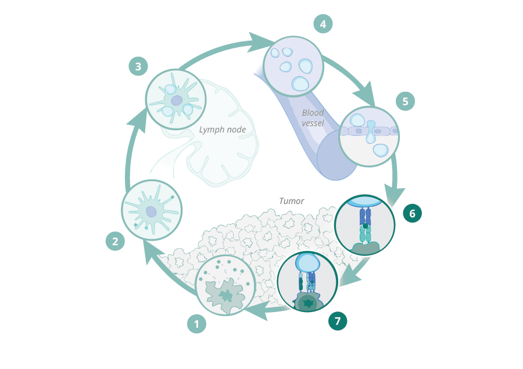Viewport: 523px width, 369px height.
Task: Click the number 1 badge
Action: (197, 324)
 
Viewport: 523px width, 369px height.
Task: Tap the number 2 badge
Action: (115, 241)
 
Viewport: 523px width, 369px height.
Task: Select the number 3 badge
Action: (138, 67)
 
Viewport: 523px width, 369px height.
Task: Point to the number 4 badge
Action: (323, 24)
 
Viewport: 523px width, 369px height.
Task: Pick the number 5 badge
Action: (406, 101)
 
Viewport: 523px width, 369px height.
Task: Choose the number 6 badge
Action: (412, 213)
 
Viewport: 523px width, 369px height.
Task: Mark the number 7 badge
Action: (338, 320)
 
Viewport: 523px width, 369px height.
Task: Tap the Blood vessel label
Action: (313, 117)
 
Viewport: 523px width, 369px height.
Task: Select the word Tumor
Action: (291, 201)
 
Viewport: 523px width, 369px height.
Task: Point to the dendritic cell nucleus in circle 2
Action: (151, 212)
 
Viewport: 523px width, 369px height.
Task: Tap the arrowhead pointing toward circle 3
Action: (137, 120)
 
